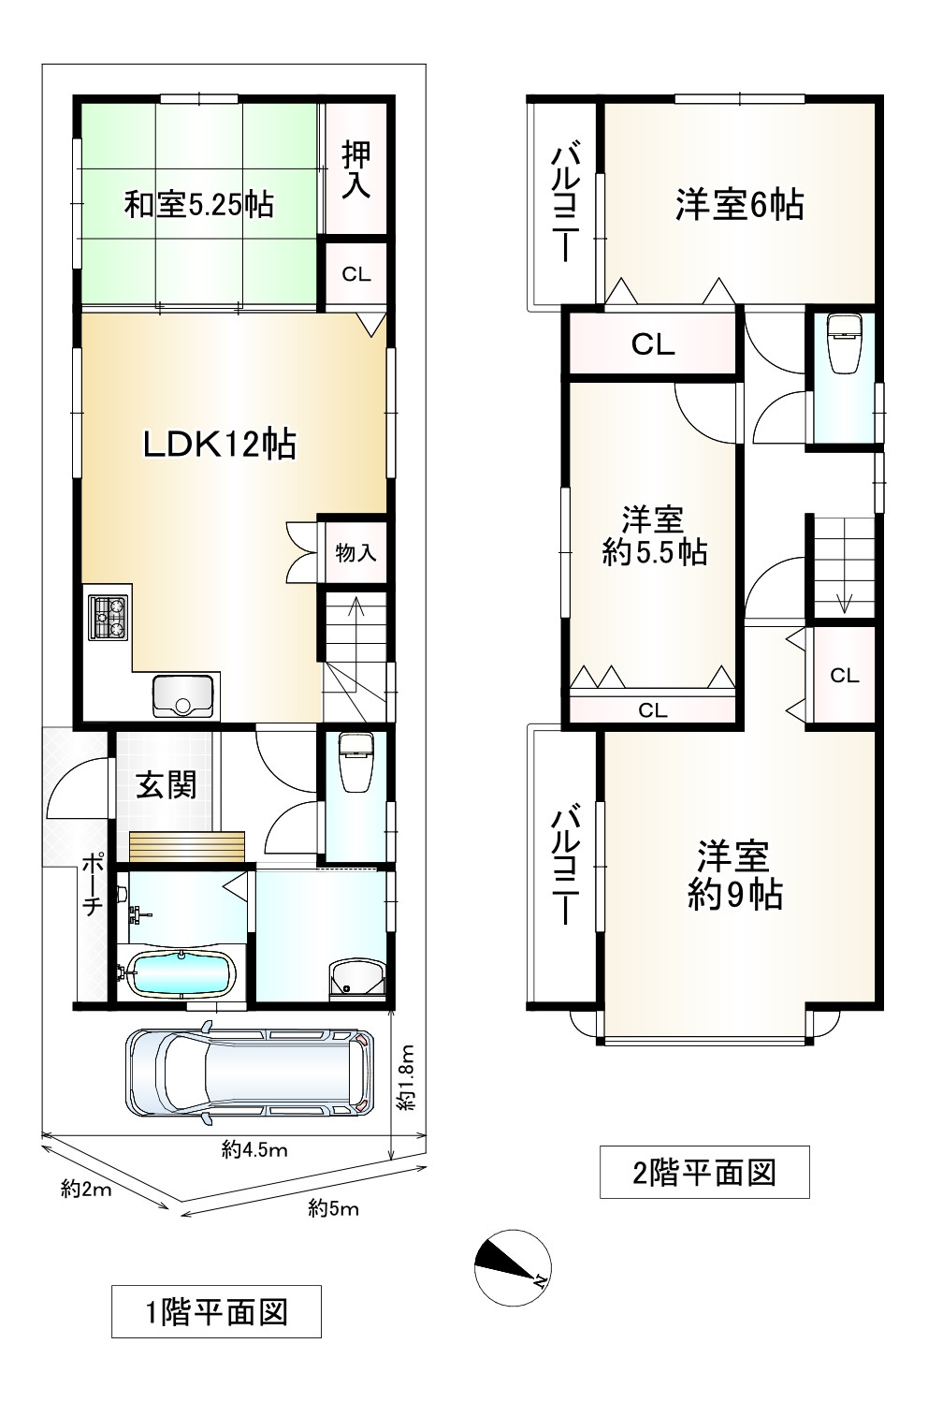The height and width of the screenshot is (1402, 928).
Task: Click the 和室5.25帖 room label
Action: click(199, 205)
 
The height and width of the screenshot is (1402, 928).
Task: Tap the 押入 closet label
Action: click(356, 170)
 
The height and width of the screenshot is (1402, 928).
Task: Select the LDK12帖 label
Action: click(220, 445)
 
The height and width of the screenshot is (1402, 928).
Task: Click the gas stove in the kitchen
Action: click(109, 617)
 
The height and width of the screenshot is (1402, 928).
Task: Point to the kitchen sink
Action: click(182, 695)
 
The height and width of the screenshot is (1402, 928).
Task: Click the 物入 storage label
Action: click(355, 553)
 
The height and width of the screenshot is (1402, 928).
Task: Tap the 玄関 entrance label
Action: click(167, 785)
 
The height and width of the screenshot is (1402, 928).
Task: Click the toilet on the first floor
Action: click(355, 763)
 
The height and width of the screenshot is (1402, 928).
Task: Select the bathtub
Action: click(181, 974)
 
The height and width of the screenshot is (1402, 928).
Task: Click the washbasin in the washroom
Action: click(356, 975)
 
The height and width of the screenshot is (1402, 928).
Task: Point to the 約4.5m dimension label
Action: click(254, 1149)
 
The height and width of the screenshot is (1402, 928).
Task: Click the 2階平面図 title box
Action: click(704, 1173)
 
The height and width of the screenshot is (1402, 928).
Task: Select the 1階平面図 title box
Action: click(216, 1312)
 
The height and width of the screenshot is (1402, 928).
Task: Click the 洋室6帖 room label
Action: click(740, 205)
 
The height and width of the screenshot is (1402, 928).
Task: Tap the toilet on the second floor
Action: click(844, 343)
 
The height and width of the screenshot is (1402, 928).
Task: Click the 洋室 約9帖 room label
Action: click(734, 876)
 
